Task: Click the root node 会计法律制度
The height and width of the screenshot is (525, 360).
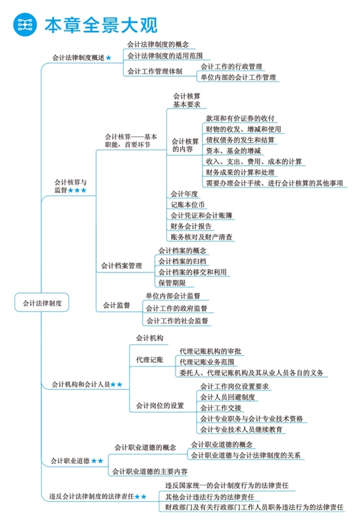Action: pos(42,302)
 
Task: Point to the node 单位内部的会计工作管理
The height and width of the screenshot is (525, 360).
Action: pos(238,77)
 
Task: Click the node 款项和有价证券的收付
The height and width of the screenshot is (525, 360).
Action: pos(241,118)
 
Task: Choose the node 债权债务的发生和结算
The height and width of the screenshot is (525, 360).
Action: pos(241,139)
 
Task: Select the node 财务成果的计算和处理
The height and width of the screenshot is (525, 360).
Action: pos(241,172)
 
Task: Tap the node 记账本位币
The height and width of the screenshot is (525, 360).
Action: pos(186,204)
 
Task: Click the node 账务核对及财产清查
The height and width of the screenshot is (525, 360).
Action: pos(202,237)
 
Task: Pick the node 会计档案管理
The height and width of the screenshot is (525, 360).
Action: pos(121,265)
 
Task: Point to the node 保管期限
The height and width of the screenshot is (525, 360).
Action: pos(172,283)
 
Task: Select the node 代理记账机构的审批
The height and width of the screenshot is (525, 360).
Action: pos(210,351)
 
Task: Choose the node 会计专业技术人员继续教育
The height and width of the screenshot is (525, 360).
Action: pos(241,429)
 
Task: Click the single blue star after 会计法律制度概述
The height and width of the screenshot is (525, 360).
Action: pos(108,57)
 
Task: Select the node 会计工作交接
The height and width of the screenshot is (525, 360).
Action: pos(221,407)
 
